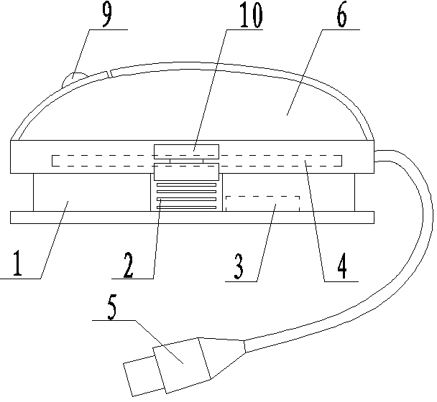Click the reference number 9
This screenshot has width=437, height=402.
pyautogui.click(x=106, y=16)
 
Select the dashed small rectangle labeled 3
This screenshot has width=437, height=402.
pyautogui.click(x=262, y=202)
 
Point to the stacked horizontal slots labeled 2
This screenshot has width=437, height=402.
pyautogui.click(x=185, y=196)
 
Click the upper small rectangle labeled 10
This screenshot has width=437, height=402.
pyautogui.click(x=185, y=151)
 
